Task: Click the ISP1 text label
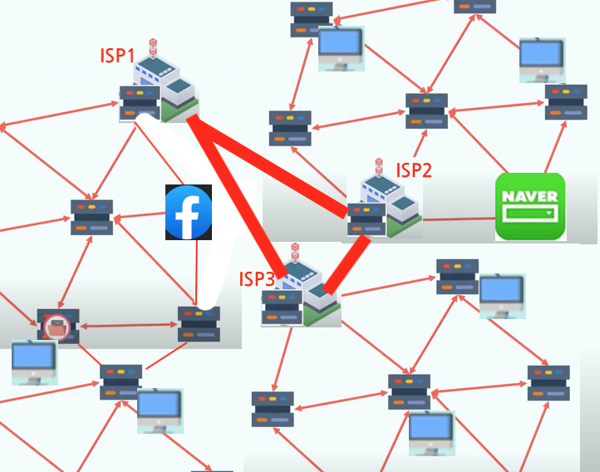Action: pyautogui.click(x=117, y=56)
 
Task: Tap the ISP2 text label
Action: pyautogui.click(x=413, y=170)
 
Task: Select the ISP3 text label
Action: pyautogui.click(x=257, y=278)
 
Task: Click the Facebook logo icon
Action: pyautogui.click(x=189, y=213)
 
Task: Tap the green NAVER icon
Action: pyautogui.click(x=530, y=207)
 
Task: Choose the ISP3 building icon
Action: pyautogui.click(x=303, y=287)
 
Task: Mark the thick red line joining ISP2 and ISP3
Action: pyautogui.click(x=347, y=265)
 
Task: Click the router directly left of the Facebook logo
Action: pyautogui.click(x=91, y=217)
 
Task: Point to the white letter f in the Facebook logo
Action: pyautogui.click(x=190, y=214)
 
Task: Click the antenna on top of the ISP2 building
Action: pyautogui.click(x=379, y=165)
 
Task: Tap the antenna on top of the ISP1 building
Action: pyautogui.click(x=152, y=47)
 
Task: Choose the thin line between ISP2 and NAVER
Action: pyautogui.click(x=458, y=219)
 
